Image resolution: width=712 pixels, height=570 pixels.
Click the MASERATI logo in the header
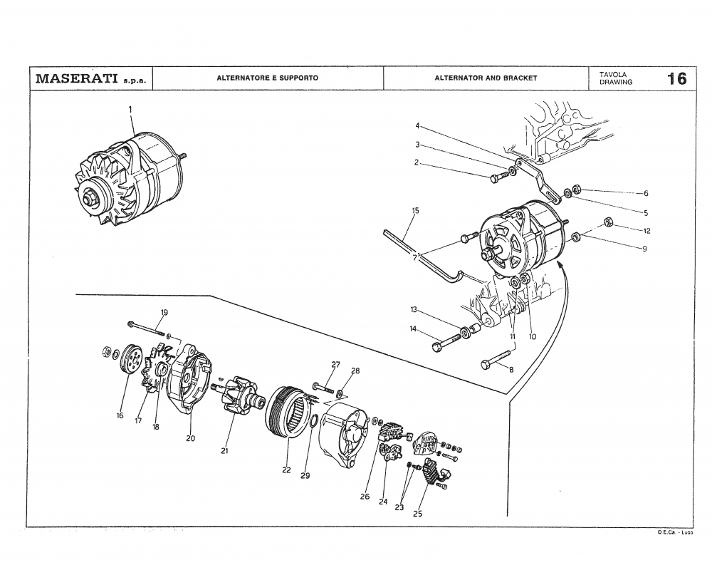click(x=77, y=78)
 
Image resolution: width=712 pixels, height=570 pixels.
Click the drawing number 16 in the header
click(x=677, y=78)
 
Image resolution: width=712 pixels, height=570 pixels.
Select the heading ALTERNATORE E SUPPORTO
click(x=267, y=78)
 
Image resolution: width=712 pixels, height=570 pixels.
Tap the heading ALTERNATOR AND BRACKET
click(x=486, y=78)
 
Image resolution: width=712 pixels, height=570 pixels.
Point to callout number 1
click(x=130, y=109)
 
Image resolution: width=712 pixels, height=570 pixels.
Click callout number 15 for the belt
click(x=415, y=210)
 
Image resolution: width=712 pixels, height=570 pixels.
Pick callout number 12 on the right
click(x=646, y=231)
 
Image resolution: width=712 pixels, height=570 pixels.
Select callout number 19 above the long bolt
click(x=164, y=313)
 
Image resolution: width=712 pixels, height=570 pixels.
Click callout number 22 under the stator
click(x=286, y=470)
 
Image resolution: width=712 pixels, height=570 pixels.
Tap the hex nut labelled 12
click(x=609, y=222)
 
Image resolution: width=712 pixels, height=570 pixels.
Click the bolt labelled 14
click(x=445, y=343)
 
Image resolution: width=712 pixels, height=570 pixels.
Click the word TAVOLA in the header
click(x=612, y=73)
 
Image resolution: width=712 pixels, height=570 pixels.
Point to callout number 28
click(x=355, y=371)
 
